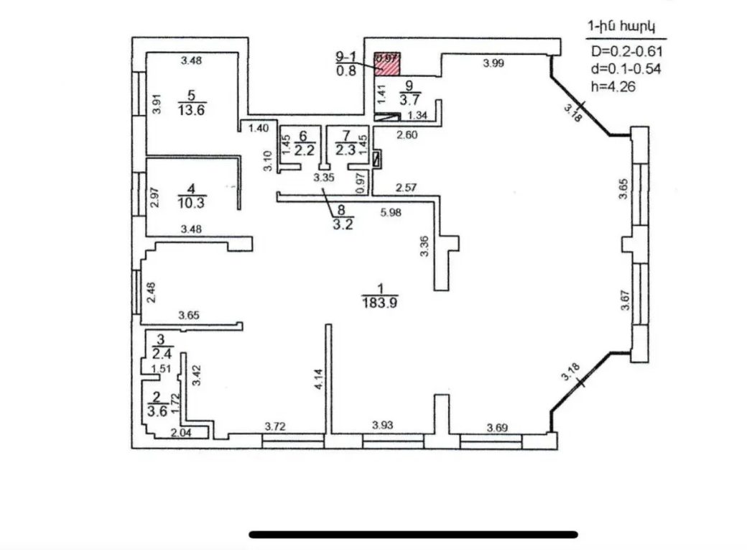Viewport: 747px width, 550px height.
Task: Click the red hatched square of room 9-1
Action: (388, 63)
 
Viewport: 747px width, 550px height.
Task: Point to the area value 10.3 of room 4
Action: (192, 202)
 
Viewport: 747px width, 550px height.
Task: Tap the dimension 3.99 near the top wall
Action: (493, 64)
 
